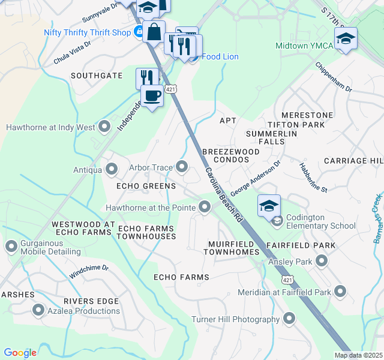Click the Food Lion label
tap(219, 57)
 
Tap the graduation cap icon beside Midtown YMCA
tap(346, 38)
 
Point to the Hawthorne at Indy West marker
tap(105, 127)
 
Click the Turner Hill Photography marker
tap(290, 319)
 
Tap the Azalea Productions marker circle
tap(39, 310)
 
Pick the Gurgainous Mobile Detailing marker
tap(11, 247)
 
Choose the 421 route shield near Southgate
tap(172, 89)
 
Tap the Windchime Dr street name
tap(88, 271)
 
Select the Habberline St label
tap(313, 179)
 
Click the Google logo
tap(20, 353)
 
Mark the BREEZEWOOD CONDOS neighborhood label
tap(231, 157)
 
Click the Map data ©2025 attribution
tap(358, 355)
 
